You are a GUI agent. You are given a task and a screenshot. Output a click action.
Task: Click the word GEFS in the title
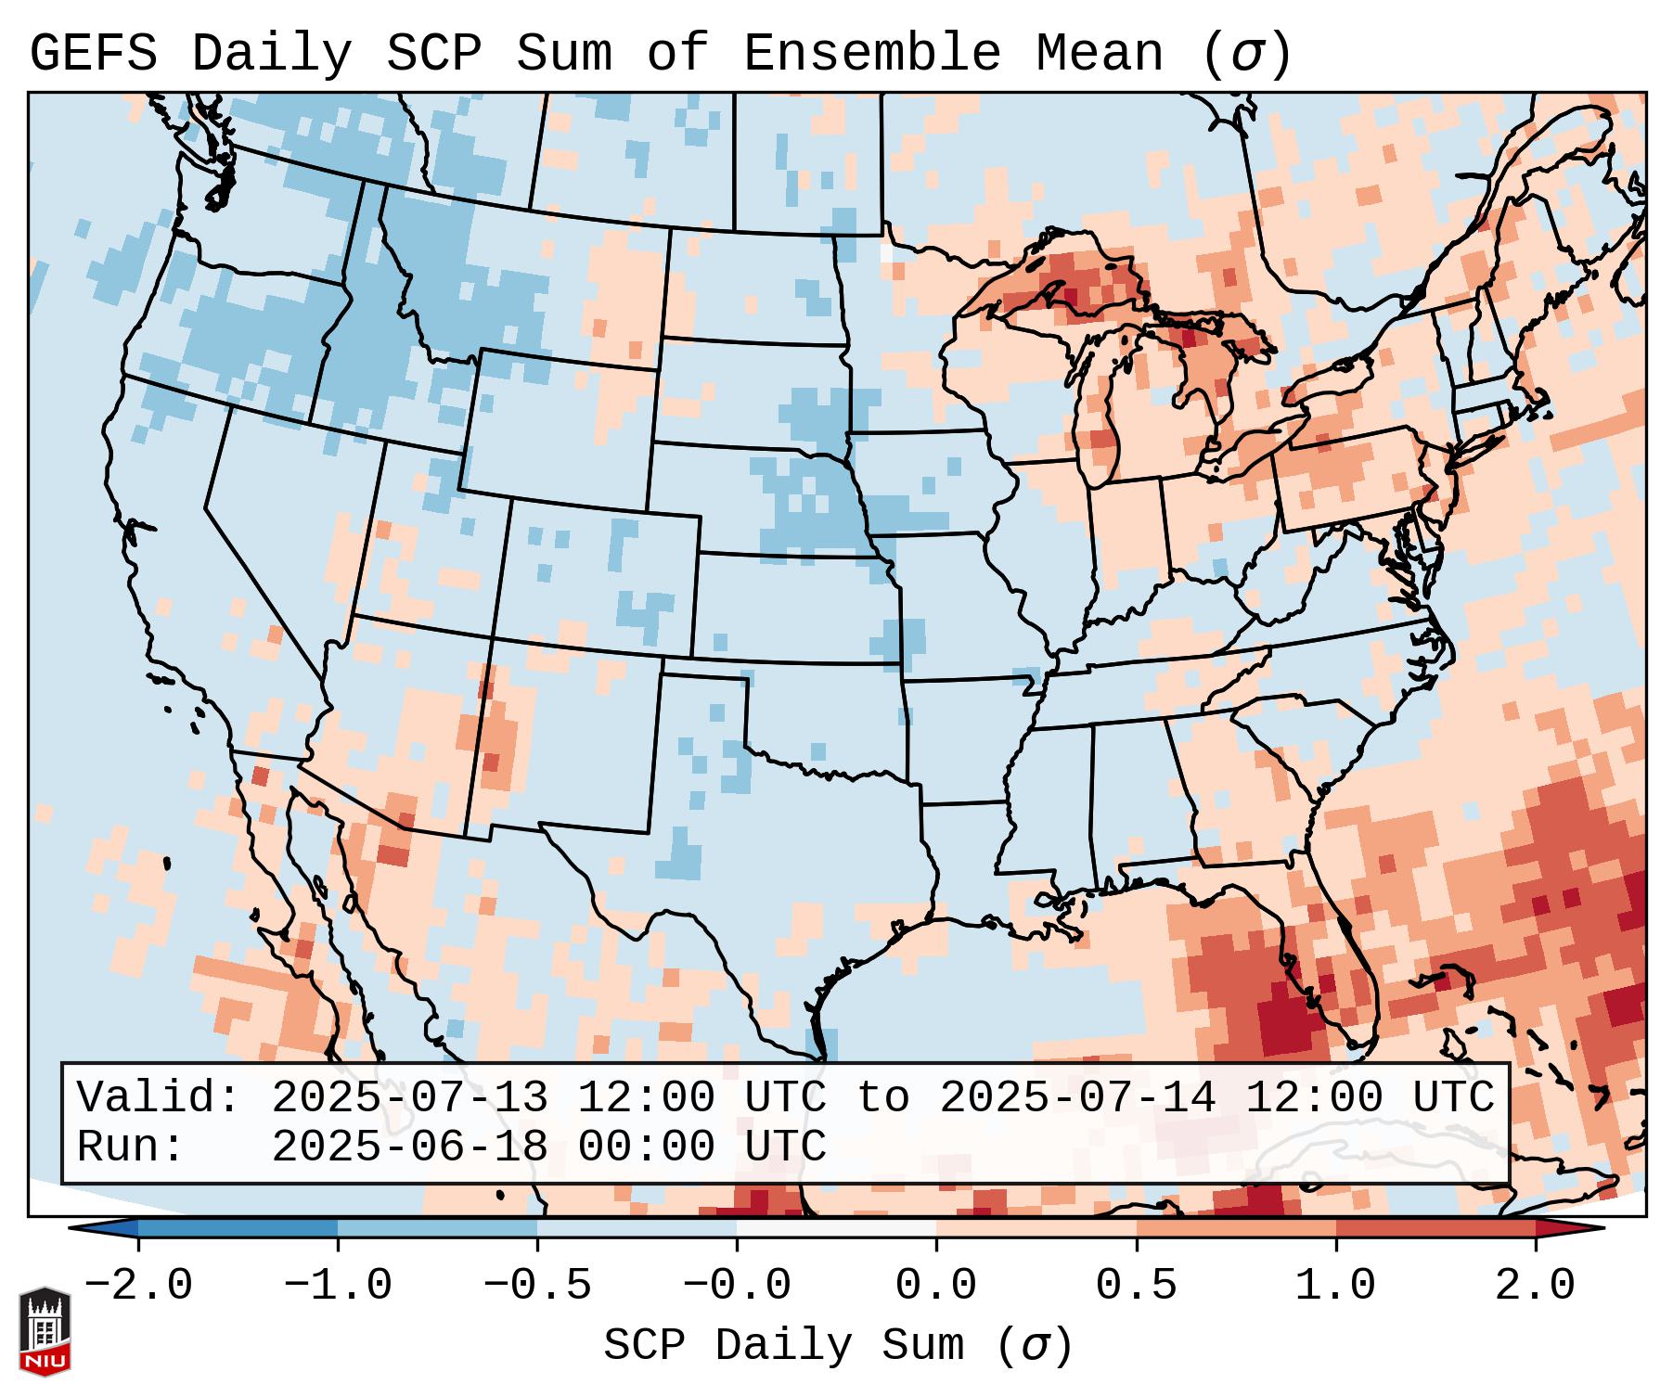[x=93, y=54]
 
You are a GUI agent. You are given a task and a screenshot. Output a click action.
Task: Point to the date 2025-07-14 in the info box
[x=1077, y=1098]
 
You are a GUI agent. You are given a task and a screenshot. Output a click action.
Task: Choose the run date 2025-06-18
[x=409, y=1147]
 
